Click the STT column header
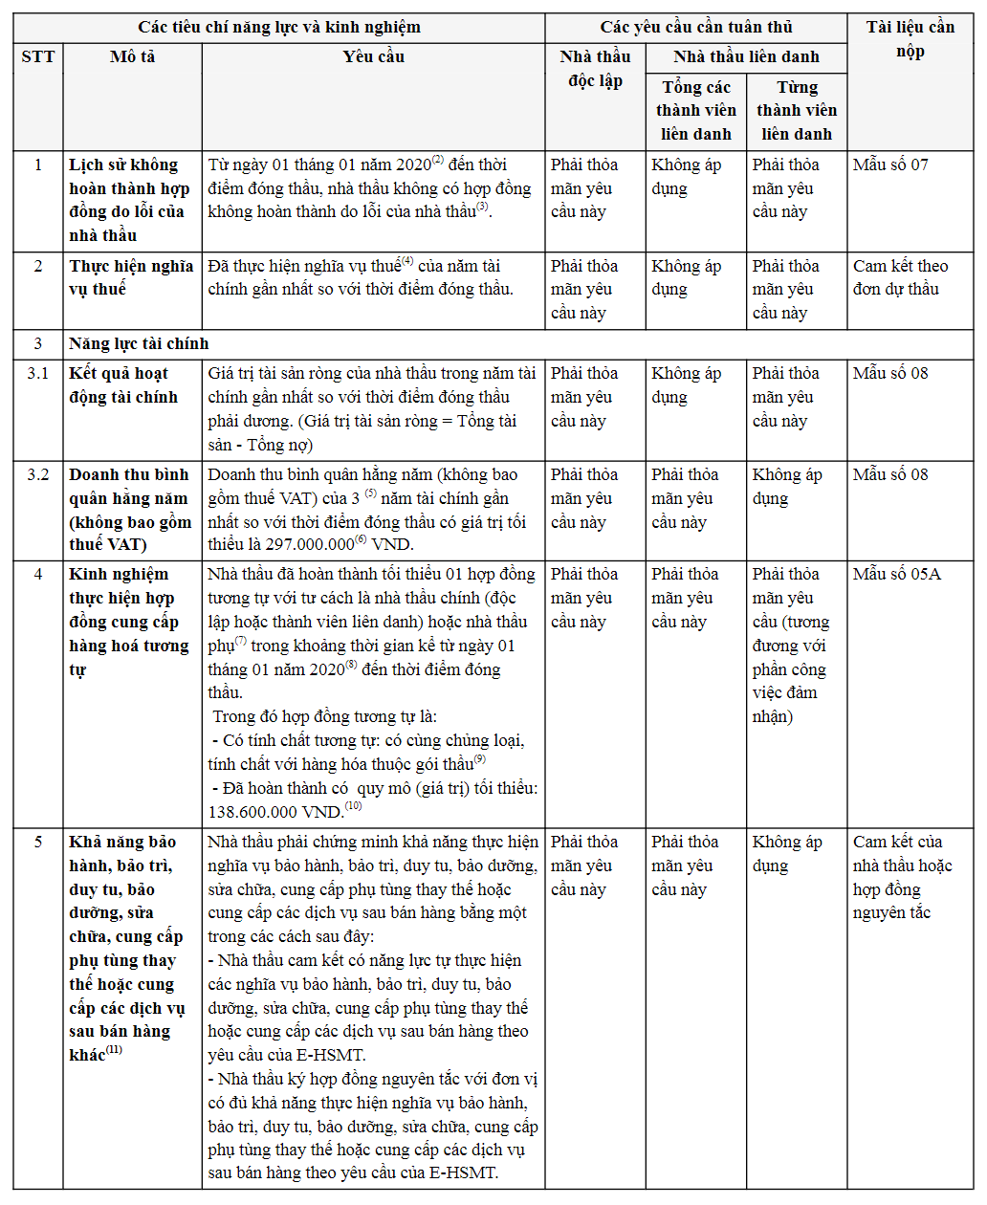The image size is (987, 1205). tap(38, 57)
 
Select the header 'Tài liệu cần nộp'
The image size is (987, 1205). tap(910, 39)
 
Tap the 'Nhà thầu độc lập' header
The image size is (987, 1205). tap(595, 69)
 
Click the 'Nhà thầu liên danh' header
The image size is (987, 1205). tap(746, 57)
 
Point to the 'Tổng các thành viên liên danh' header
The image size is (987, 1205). tap(695, 111)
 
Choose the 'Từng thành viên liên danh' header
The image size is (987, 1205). tap(797, 111)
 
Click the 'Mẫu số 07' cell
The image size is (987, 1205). tap(890, 165)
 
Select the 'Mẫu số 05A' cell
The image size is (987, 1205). tap(896, 575)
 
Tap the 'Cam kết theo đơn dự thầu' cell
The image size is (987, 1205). tap(900, 277)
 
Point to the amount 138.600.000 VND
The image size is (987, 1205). tap(275, 812)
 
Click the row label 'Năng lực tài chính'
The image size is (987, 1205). tap(139, 344)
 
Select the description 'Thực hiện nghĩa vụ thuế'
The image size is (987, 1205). tap(131, 277)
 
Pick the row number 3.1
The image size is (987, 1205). tap(38, 374)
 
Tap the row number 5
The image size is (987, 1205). tap(38, 843)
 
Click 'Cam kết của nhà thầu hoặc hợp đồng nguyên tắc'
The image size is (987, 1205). tap(902, 877)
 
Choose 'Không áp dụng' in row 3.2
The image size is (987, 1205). tap(786, 487)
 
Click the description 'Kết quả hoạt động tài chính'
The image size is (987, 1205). tap(123, 385)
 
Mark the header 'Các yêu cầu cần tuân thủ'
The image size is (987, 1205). tap(695, 28)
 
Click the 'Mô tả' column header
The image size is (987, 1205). tap(132, 57)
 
